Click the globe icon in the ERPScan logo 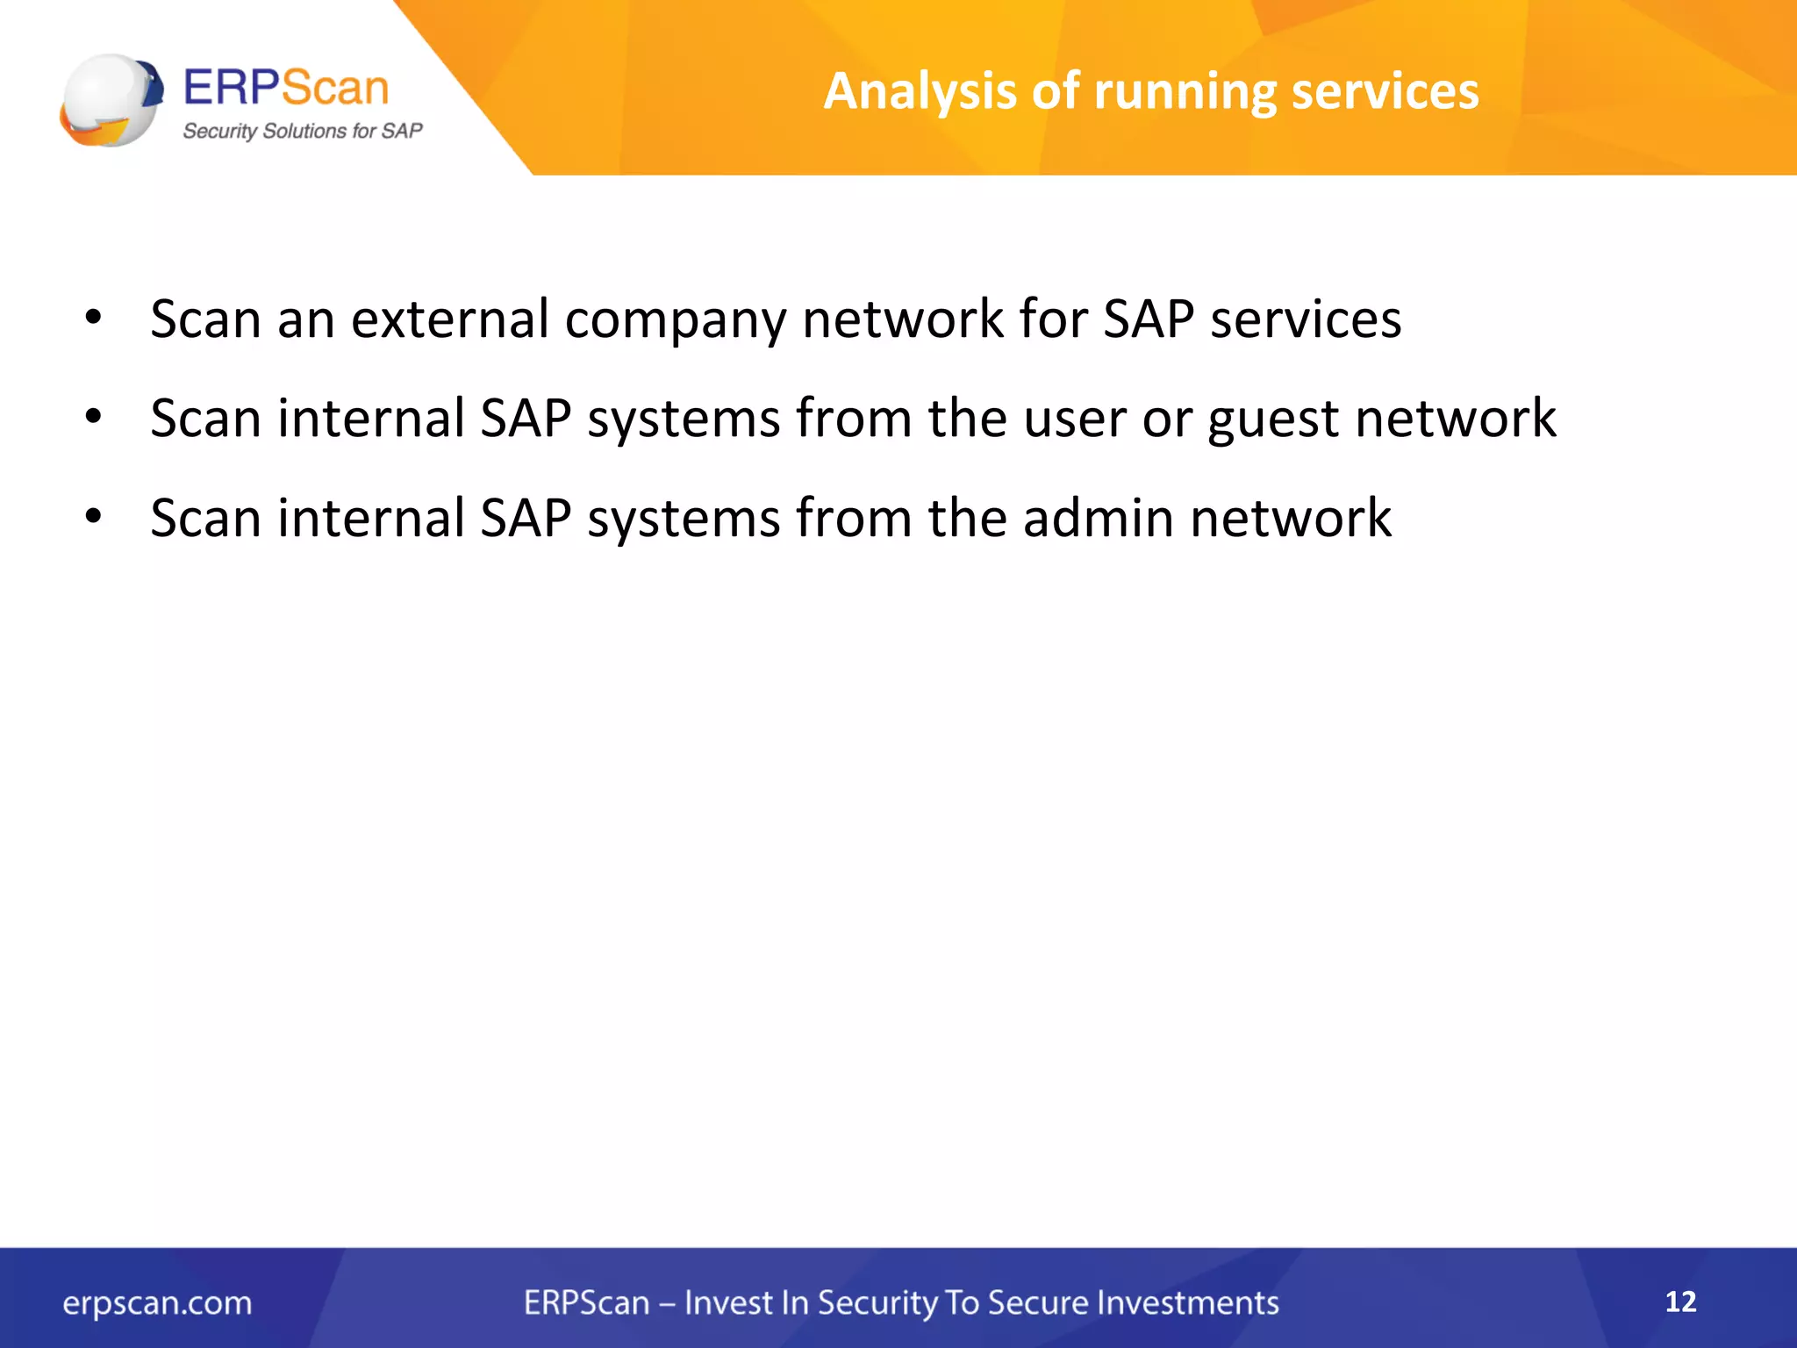point(111,99)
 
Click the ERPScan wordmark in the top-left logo point(286,88)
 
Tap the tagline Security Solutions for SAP point(302,132)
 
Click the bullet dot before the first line point(94,317)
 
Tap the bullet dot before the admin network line point(94,516)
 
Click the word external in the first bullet point(450,319)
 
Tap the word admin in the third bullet point(1098,518)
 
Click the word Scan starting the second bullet point(205,418)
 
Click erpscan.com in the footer point(157,1303)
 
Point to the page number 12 point(1680,1301)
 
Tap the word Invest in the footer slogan point(725,1303)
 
